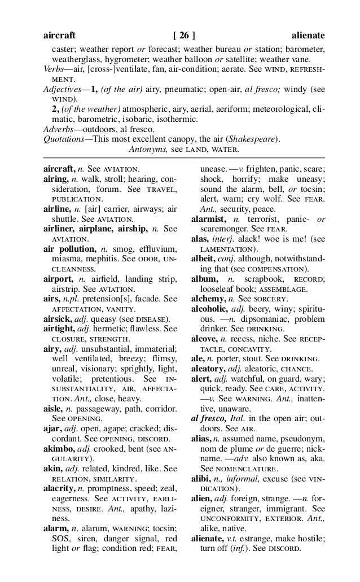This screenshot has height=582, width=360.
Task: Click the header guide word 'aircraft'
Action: point(59,35)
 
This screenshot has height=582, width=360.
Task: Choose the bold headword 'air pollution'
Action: point(70,248)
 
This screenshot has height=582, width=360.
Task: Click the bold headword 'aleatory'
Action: point(208,368)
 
